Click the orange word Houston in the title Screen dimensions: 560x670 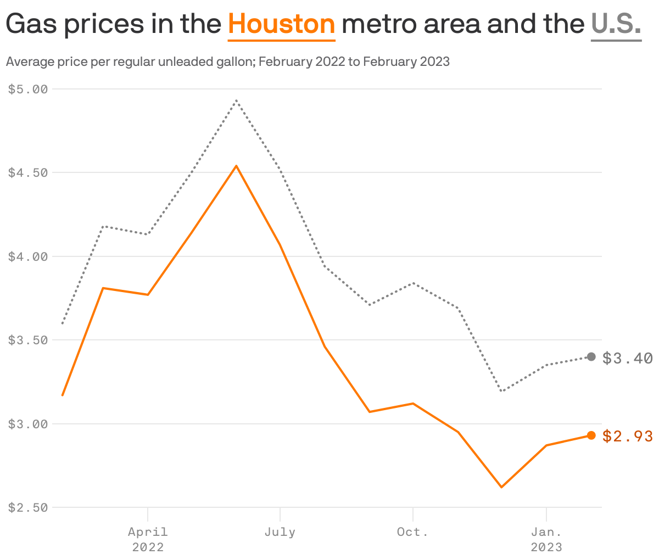point(281,25)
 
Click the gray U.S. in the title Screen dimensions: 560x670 point(616,25)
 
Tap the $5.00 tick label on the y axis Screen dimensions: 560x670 point(28,89)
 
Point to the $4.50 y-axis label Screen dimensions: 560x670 point(28,172)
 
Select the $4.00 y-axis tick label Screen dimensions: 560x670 point(28,256)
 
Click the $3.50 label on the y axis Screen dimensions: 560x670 point(28,340)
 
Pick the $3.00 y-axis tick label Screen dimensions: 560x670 point(28,424)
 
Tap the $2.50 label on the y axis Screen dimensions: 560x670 point(28,507)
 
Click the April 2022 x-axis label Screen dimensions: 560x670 point(148,539)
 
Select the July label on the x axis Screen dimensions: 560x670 point(280,532)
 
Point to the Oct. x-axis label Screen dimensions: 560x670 point(412,532)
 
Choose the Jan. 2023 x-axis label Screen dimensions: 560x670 point(546,539)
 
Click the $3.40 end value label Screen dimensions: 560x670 point(628,359)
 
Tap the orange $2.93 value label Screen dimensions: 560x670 point(628,436)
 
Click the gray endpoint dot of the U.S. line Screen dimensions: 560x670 point(591,357)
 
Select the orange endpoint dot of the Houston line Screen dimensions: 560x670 point(591,435)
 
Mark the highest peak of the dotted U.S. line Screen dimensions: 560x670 point(236,100)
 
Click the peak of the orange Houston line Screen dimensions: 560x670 point(236,166)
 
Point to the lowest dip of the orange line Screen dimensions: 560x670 point(501,487)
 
